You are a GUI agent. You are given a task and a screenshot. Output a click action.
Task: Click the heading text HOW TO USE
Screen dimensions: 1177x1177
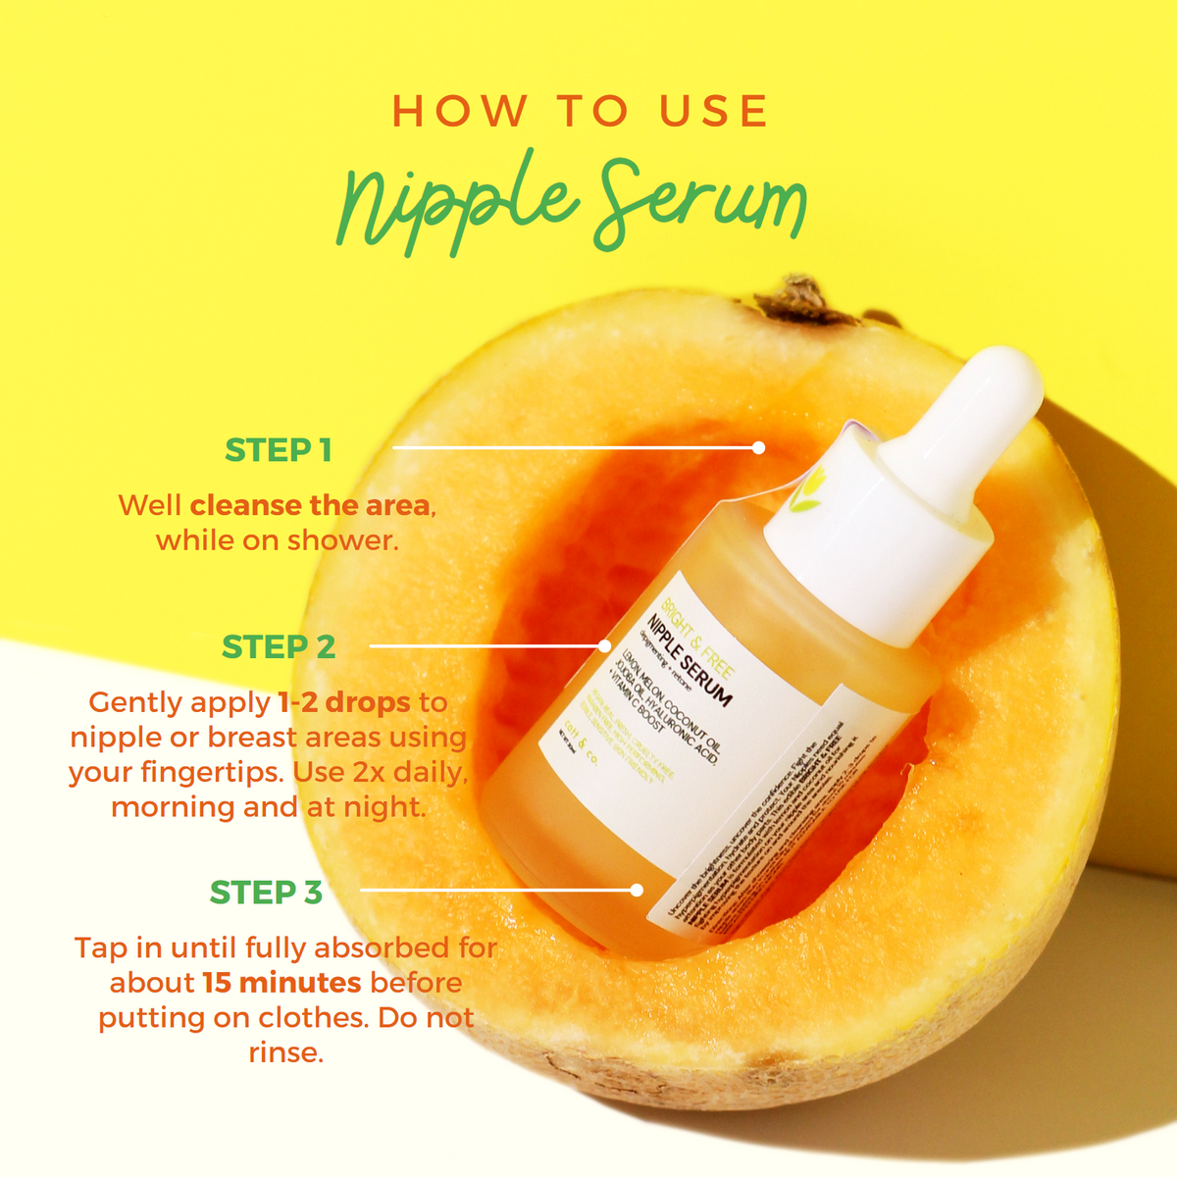pyautogui.click(x=580, y=111)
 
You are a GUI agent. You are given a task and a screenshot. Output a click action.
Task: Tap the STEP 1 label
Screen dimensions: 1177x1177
pyautogui.click(x=279, y=450)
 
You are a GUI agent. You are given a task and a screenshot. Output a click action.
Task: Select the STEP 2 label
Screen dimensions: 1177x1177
pyautogui.click(x=279, y=647)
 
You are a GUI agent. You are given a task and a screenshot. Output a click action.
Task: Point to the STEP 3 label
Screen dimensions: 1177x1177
pyautogui.click(x=266, y=893)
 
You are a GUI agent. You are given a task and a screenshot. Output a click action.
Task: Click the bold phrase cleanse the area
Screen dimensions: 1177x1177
pyautogui.click(x=309, y=505)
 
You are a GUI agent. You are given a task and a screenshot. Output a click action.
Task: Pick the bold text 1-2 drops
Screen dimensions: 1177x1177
pyautogui.click(x=343, y=702)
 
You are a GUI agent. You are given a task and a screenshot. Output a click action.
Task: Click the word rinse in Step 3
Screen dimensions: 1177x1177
pyautogui.click(x=284, y=1053)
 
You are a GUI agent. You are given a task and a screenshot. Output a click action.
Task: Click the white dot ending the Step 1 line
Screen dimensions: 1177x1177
pyautogui.click(x=758, y=447)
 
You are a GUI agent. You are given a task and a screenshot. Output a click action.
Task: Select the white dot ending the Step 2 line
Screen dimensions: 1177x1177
pyautogui.click(x=605, y=646)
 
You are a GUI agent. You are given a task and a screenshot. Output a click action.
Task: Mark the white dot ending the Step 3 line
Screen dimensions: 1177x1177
pyautogui.click(x=637, y=891)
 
